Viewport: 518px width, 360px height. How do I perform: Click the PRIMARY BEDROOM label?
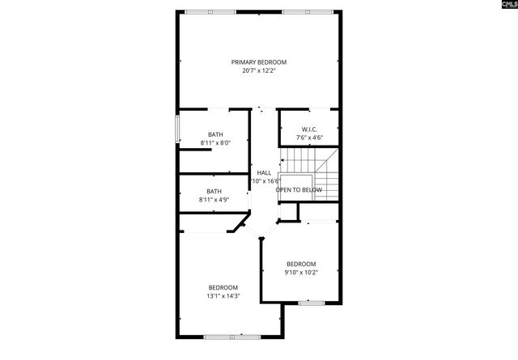click(x=259, y=62)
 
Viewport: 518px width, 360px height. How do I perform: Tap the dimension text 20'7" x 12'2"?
click(x=259, y=70)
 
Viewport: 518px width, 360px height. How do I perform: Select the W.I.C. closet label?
click(x=309, y=129)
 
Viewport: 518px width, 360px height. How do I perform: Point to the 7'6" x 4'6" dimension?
click(x=309, y=138)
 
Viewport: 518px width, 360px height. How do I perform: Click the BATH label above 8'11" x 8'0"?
click(x=215, y=134)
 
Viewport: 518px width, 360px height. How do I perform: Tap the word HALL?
click(x=264, y=172)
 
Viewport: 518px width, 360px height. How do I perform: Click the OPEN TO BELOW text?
click(x=299, y=190)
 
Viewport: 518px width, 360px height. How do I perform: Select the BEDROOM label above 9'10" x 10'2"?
click(x=301, y=264)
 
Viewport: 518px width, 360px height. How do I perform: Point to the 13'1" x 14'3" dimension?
click(x=223, y=296)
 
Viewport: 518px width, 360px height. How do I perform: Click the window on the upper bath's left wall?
click(x=178, y=130)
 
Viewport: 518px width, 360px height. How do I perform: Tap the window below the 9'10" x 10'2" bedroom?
click(x=311, y=303)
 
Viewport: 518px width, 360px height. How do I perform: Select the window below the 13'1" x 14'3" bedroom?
click(x=223, y=337)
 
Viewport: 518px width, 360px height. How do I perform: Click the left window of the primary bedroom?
click(x=210, y=11)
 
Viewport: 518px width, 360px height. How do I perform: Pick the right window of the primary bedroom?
click(x=307, y=11)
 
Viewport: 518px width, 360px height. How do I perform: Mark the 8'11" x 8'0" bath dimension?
click(x=215, y=143)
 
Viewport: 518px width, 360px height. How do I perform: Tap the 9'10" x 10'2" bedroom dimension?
click(x=301, y=272)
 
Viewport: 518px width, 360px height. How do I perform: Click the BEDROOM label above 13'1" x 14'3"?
click(x=223, y=288)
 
